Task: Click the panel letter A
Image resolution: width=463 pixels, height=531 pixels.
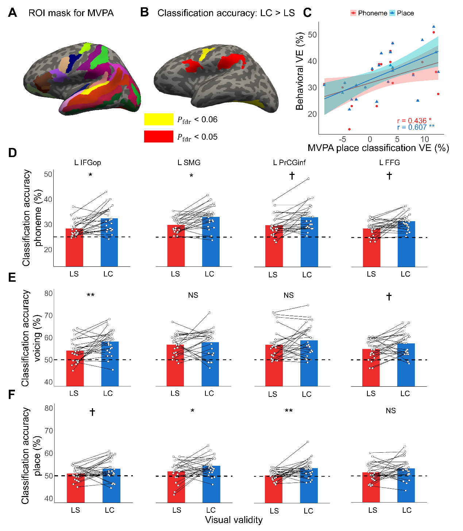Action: point(12,13)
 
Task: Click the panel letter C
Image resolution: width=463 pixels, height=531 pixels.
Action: point(307,13)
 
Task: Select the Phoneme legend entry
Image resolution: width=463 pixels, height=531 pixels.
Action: point(369,13)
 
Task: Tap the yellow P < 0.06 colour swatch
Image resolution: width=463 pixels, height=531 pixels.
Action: point(158,119)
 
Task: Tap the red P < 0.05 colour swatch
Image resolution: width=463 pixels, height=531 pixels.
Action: point(158,137)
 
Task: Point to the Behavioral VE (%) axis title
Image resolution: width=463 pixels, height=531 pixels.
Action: point(300,71)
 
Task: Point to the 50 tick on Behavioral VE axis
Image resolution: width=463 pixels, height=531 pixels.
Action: point(312,35)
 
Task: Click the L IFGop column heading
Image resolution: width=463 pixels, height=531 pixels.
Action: point(88,163)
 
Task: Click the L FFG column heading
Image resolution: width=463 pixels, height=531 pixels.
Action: point(389,163)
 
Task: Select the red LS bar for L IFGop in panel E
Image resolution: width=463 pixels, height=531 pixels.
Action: point(75,368)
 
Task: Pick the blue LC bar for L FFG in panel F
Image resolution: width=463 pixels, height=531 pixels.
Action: point(406,485)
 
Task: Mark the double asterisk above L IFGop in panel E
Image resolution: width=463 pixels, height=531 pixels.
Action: point(90,295)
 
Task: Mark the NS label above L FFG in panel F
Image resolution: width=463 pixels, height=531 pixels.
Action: point(391,411)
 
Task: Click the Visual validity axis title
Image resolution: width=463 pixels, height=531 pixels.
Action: point(234,520)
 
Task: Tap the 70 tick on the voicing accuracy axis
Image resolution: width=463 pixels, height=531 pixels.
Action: point(48,316)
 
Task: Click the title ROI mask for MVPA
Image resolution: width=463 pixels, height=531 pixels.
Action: point(71,13)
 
